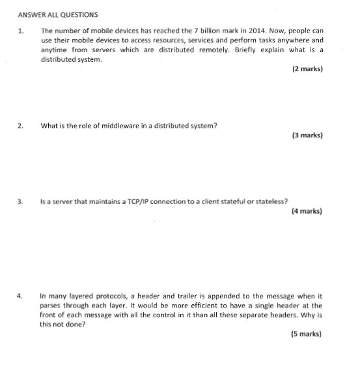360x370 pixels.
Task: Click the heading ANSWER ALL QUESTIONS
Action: click(58, 14)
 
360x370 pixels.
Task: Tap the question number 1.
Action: click(21, 31)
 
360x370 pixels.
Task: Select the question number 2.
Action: click(21, 126)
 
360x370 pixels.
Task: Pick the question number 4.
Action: click(21, 295)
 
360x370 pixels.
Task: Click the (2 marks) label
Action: click(307, 69)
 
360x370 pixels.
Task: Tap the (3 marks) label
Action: click(307, 135)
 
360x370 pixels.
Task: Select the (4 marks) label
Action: click(307, 211)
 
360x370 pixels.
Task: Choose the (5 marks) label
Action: click(306, 334)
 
